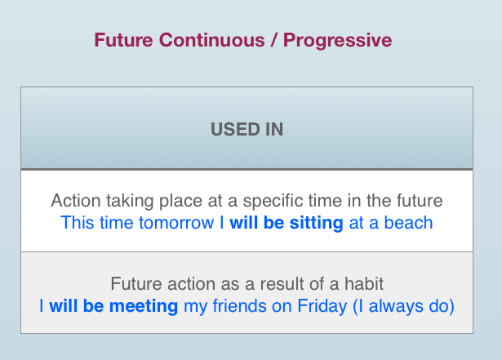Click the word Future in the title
[123, 40]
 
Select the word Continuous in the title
[212, 40]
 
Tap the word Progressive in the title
[337, 41]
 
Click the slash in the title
[274, 40]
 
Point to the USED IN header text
[247, 130]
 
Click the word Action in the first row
[76, 201]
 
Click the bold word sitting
[317, 224]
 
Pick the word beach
[408, 223]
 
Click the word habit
[364, 284]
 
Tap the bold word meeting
[144, 306]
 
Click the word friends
[239, 306]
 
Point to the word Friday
[322, 307]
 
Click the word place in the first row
[180, 202]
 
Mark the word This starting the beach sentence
[78, 223]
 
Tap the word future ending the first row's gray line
[420, 201]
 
